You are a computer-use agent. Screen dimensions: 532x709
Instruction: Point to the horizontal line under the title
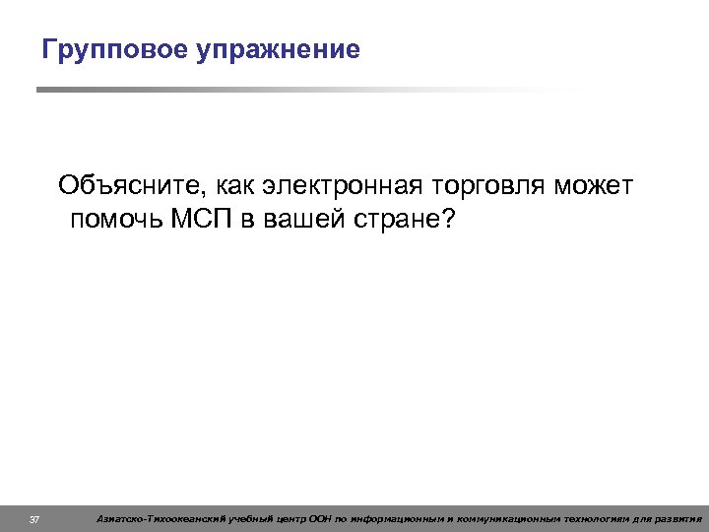click(295, 90)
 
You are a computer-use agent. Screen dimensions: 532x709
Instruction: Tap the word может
click(596, 185)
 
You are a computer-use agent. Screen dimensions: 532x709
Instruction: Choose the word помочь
click(117, 218)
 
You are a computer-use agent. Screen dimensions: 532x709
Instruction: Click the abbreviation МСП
click(207, 218)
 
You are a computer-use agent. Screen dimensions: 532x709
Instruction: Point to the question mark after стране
click(450, 218)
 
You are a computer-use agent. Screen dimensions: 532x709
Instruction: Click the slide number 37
click(34, 518)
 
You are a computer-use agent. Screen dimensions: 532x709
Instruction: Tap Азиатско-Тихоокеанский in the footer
click(161, 518)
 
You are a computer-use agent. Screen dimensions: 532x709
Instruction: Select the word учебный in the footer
click(254, 518)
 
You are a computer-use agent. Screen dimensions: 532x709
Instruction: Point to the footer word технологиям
click(601, 518)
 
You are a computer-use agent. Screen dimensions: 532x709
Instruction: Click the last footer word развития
click(678, 518)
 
